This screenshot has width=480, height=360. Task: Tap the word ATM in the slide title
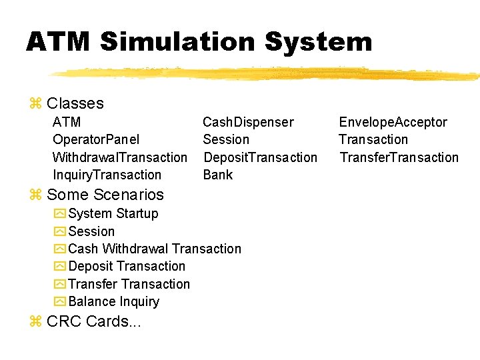(59, 42)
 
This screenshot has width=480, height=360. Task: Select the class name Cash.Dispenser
(248, 122)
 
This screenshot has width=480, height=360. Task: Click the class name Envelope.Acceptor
(393, 122)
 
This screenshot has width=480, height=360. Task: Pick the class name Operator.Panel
(96, 139)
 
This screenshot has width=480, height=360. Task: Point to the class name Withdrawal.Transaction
(120, 157)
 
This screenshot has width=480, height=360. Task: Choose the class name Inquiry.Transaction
(107, 175)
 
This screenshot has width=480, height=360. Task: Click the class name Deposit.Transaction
(260, 157)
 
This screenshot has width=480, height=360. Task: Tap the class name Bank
(218, 175)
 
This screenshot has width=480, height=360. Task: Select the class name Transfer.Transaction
(399, 157)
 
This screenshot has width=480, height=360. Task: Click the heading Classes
(75, 103)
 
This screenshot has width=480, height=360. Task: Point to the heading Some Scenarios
(105, 195)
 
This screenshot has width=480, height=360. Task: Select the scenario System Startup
(113, 213)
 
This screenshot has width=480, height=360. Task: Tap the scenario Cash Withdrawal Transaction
(155, 249)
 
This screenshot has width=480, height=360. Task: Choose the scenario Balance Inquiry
(114, 301)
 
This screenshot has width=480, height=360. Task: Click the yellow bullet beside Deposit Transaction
(59, 267)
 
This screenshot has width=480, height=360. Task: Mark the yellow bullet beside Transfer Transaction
(59, 284)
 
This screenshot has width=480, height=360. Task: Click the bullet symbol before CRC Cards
(36, 322)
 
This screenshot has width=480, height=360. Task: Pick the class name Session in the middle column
(226, 139)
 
